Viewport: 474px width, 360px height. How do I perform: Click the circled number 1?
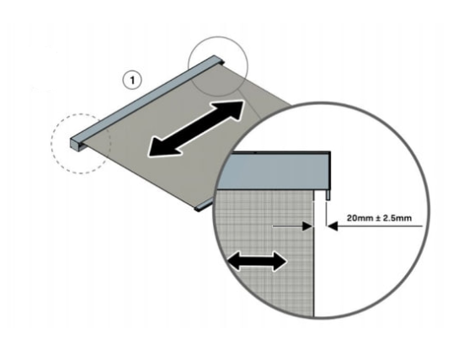[x=132, y=81]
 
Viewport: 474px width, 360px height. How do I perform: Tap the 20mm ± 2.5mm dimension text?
[x=379, y=218]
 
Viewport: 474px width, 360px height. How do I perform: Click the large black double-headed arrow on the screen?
[x=196, y=129]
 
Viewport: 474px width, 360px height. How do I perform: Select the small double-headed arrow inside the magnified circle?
[x=257, y=262]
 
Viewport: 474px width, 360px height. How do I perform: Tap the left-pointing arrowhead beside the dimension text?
[x=333, y=226]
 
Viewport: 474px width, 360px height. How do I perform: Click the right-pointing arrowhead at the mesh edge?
[x=308, y=226]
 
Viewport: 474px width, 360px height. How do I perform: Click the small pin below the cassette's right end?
[x=328, y=195]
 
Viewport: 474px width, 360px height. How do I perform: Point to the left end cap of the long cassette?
[x=75, y=144]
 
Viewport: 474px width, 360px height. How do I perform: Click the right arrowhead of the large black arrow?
[x=229, y=109]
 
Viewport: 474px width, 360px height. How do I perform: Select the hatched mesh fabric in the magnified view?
[x=265, y=251]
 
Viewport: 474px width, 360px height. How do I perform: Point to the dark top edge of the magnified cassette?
[x=280, y=152]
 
